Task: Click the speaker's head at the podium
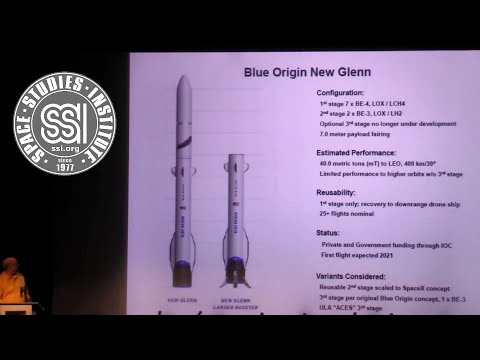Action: pyautogui.click(x=8, y=266)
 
